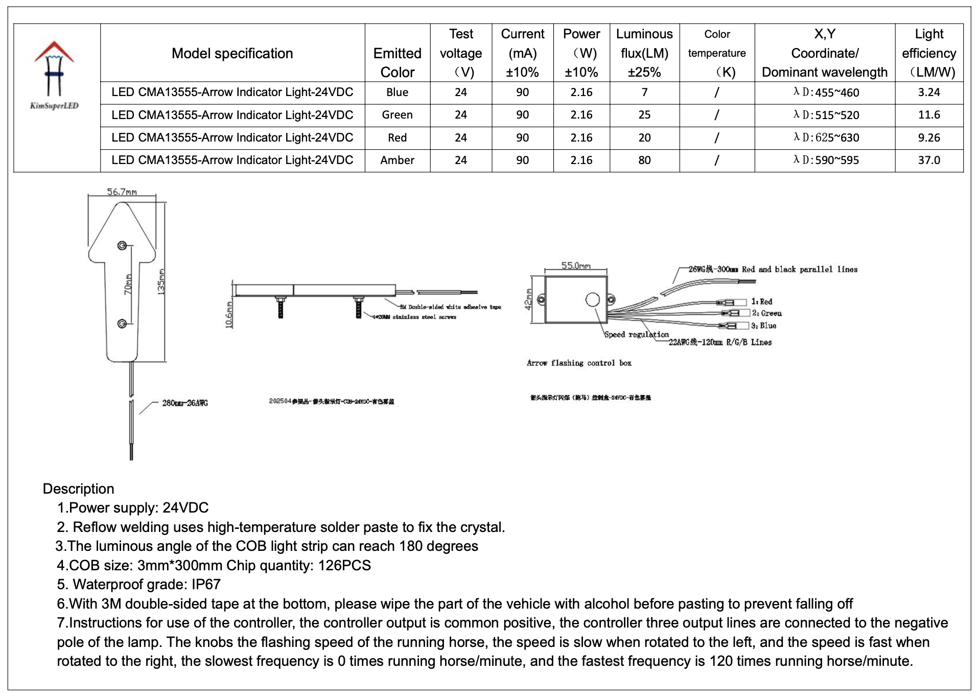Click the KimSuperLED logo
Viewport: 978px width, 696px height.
[x=54, y=75]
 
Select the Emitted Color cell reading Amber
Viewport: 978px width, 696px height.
[x=397, y=160]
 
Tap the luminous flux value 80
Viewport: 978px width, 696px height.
[x=644, y=160]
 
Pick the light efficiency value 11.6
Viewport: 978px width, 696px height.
[x=928, y=115]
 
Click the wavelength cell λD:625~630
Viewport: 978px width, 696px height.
[x=826, y=138]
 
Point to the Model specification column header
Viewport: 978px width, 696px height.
[x=232, y=53]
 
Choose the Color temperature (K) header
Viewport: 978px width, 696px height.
[x=716, y=53]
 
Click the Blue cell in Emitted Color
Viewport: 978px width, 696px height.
[x=397, y=92]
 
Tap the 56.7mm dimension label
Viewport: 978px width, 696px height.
[x=122, y=192]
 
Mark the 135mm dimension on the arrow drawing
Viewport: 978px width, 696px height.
[x=161, y=281]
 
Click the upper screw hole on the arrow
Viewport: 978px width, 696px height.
[x=122, y=246]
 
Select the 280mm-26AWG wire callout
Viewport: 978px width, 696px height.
[x=185, y=403]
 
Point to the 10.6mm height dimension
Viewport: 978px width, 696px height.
[x=229, y=315]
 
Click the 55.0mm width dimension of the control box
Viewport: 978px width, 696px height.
[x=576, y=266]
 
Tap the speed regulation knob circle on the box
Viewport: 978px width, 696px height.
[x=592, y=299]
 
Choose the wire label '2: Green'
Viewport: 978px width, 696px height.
[x=766, y=313]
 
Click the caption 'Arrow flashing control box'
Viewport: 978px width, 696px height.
[x=579, y=363]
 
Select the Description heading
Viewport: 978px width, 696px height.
[x=78, y=489]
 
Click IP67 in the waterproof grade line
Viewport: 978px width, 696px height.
[x=206, y=585]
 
